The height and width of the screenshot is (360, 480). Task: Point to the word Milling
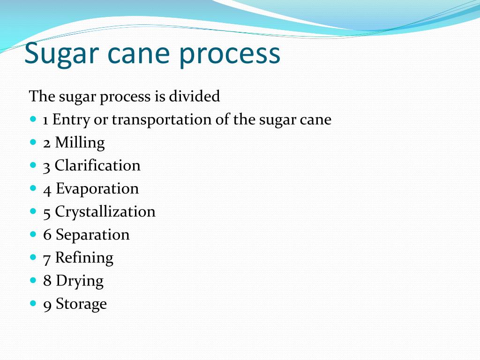coord(80,142)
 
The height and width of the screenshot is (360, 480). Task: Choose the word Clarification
coord(97,165)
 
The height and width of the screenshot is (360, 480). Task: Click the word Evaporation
coord(97,189)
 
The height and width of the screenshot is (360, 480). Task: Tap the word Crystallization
coord(105,212)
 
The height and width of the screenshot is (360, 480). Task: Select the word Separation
coord(92,234)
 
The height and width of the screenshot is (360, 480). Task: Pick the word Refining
coord(84,258)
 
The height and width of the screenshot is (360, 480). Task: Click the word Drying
coord(80,281)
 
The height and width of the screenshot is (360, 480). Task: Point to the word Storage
coord(81,304)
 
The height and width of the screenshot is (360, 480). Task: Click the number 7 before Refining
coord(47,258)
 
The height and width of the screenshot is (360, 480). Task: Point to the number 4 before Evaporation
coord(47,189)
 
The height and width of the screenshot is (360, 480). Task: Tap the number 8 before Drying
coord(47,281)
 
